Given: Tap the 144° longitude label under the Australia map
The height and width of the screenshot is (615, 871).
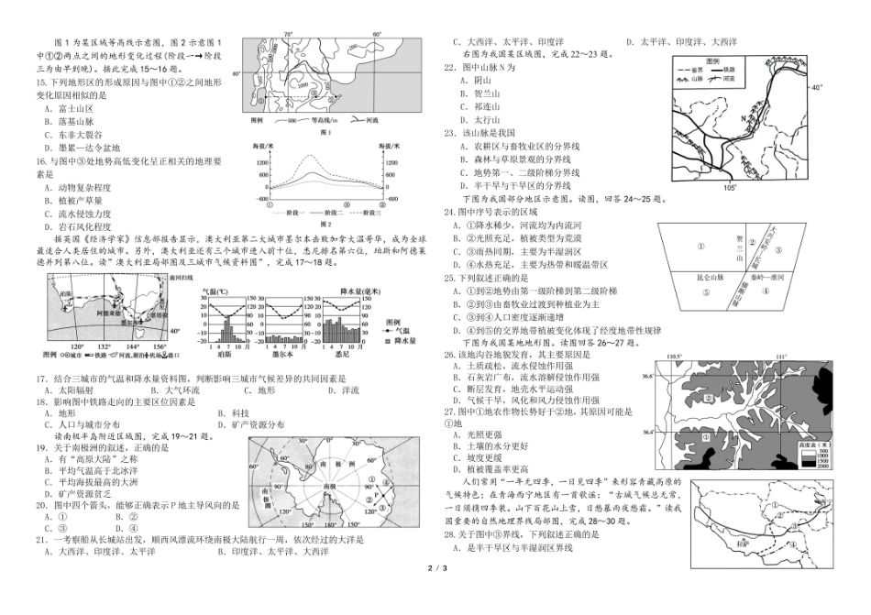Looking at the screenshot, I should coord(132,346).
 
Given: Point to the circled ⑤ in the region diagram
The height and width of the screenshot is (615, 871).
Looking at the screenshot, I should coord(704,293).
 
